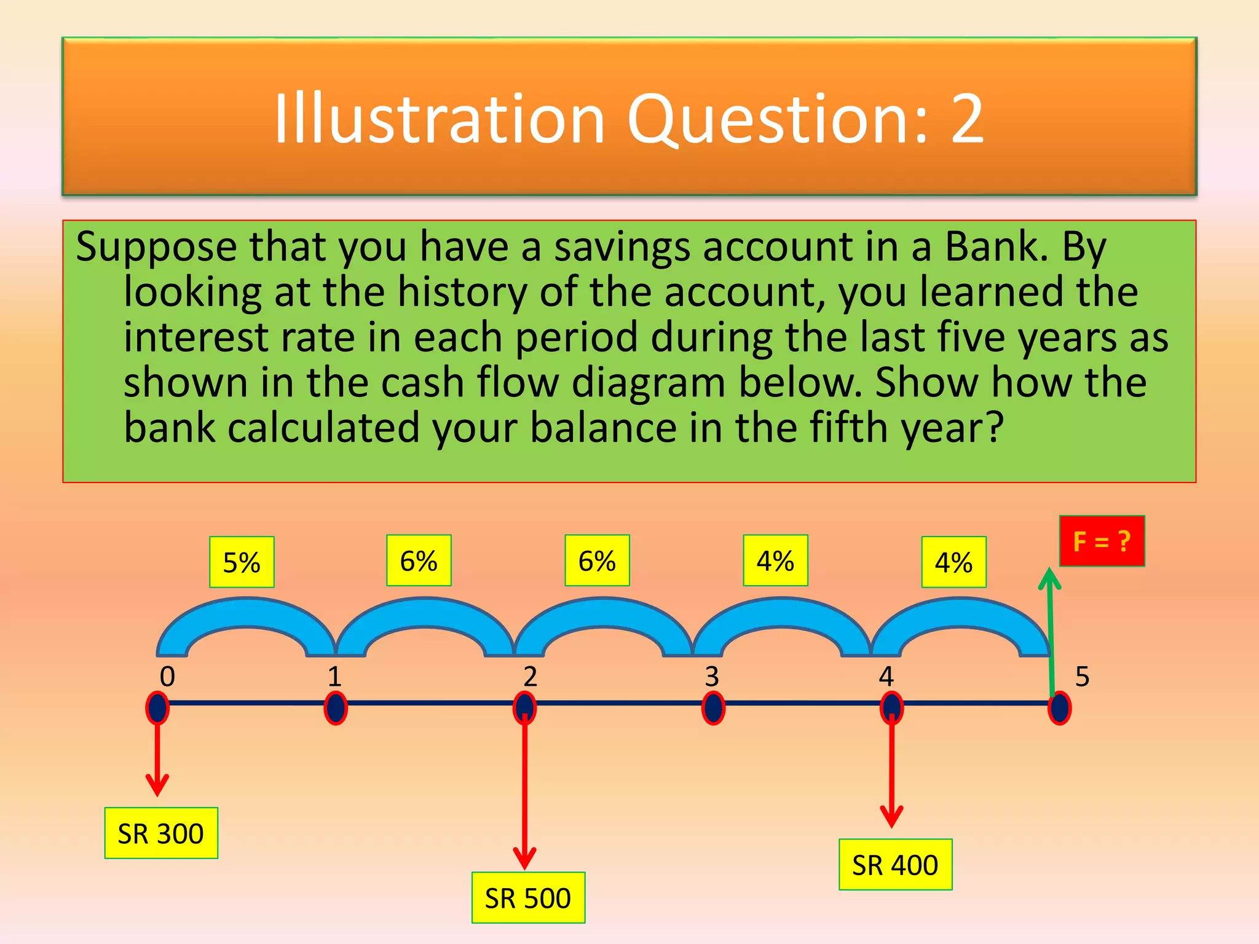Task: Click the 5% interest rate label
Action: (x=242, y=562)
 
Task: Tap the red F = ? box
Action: (x=1102, y=541)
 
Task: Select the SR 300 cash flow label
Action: (x=161, y=833)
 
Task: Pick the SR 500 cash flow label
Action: (x=528, y=898)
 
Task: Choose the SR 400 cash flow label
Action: (x=895, y=865)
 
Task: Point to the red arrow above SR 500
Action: (x=524, y=793)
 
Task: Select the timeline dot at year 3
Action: (x=713, y=708)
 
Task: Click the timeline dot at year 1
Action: (x=336, y=708)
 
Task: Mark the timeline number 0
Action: (x=167, y=677)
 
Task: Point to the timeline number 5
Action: (x=1082, y=677)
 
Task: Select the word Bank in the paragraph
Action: (x=996, y=246)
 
